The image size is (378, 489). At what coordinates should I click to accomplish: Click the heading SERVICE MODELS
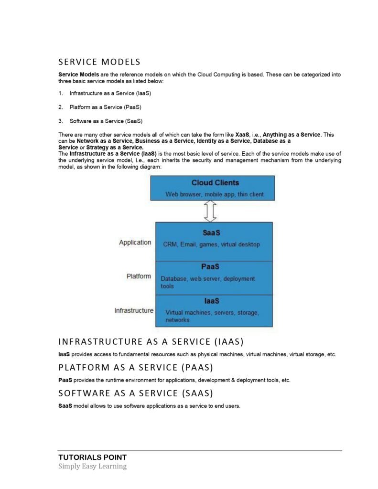[99, 62]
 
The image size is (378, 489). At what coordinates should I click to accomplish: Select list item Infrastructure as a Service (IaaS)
[110, 93]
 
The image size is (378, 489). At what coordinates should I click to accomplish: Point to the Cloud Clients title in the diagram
[215, 183]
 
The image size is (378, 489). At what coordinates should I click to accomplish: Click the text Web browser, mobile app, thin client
[214, 194]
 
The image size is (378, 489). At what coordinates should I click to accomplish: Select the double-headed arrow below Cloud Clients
[210, 211]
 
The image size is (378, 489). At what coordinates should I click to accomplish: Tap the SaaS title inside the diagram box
[211, 233]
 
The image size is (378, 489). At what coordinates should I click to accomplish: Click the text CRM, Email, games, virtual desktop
[211, 244]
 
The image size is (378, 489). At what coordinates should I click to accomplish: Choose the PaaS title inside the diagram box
[210, 266]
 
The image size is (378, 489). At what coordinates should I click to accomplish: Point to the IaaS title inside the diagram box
[211, 301]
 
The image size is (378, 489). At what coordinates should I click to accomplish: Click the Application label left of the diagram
[135, 243]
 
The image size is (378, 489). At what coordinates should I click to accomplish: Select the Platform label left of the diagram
[139, 276]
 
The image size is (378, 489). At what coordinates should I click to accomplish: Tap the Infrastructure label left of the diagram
[134, 310]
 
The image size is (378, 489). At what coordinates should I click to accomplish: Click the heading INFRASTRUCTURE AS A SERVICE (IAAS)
[151, 341]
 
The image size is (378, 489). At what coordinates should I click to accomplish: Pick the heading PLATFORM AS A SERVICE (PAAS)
[135, 367]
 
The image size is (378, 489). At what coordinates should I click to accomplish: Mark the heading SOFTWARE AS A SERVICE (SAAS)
[135, 393]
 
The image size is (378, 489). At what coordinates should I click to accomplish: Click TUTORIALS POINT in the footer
[92, 457]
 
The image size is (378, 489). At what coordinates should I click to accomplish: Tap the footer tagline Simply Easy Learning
[92, 466]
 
